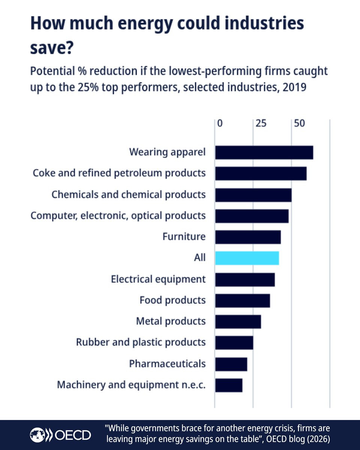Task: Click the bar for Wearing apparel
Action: [264, 153]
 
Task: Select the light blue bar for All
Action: [247, 258]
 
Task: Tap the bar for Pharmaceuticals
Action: [231, 364]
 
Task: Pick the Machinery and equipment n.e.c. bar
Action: [229, 385]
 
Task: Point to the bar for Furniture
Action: [248, 237]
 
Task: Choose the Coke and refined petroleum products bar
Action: [261, 174]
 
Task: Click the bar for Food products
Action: [242, 300]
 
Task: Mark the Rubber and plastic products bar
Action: [234, 343]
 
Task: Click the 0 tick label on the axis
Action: [220, 123]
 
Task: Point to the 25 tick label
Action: [261, 123]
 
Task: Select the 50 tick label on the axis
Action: [299, 123]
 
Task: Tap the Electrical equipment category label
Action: [158, 279]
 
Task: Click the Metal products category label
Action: [171, 321]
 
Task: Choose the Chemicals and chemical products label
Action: [128, 195]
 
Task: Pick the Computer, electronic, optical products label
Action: [118, 216]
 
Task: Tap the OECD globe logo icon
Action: [37, 435]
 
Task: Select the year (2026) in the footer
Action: [316, 438]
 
